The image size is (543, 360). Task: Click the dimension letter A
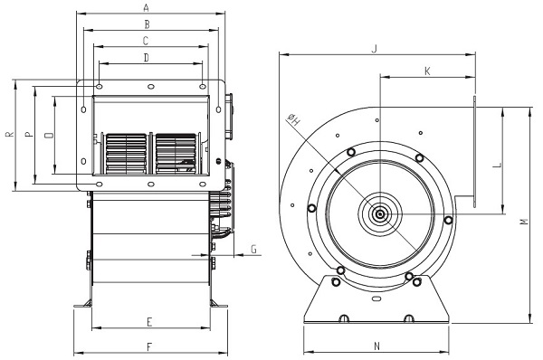click(x=147, y=7)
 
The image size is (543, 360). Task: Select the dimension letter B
click(x=148, y=24)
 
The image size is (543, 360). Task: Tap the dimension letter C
click(x=146, y=41)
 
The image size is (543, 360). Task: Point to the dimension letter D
click(x=147, y=58)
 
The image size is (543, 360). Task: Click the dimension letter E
click(x=149, y=322)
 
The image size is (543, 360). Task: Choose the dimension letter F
click(x=149, y=347)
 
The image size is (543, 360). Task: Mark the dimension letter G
click(x=253, y=250)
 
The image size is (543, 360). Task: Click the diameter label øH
click(x=293, y=119)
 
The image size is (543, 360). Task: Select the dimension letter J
click(x=374, y=49)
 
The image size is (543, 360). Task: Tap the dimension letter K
click(x=427, y=71)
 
